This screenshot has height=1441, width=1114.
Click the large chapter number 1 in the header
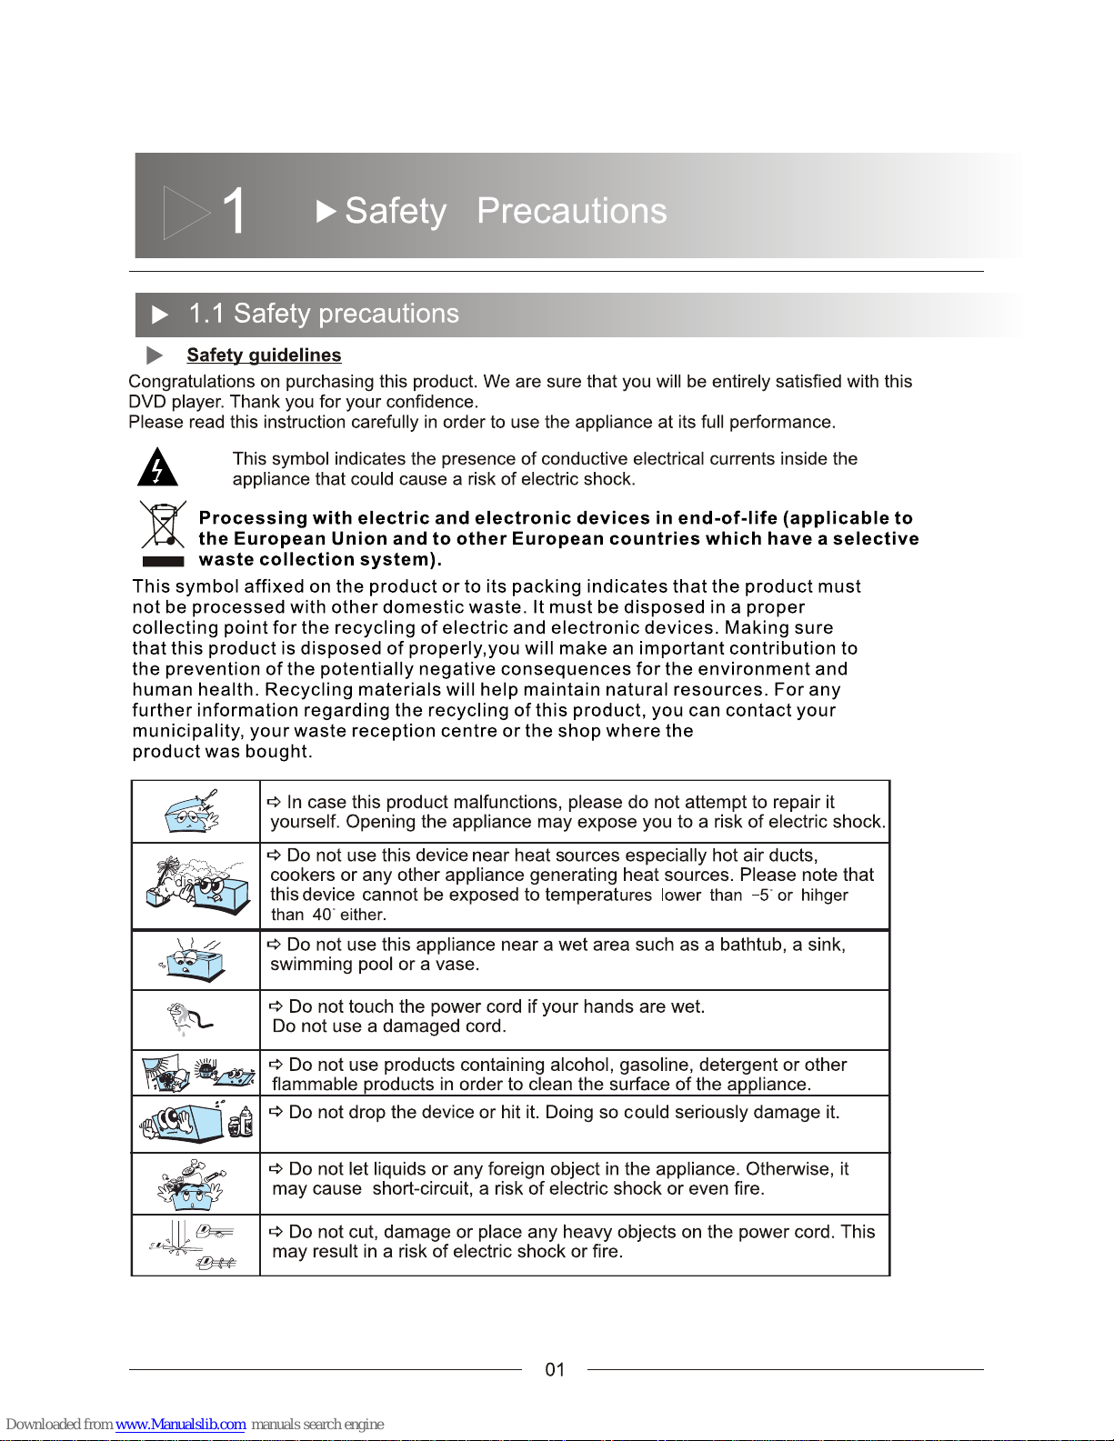coord(233,212)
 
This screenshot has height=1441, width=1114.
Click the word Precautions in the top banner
coord(571,211)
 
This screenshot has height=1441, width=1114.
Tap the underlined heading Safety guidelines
coord(264,355)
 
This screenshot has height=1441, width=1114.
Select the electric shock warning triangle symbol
coord(157,467)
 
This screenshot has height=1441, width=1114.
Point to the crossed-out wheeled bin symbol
coord(162,525)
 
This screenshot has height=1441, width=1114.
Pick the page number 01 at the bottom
coord(555,1369)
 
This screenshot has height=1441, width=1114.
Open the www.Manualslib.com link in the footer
coord(180,1424)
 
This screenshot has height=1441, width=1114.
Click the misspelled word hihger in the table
coord(824,896)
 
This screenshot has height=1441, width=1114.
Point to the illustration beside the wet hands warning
coord(189,1019)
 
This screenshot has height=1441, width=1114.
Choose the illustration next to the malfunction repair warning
coord(193,811)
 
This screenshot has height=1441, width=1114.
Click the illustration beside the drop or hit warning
coord(196,1123)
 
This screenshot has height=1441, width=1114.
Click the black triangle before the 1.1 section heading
coord(160,315)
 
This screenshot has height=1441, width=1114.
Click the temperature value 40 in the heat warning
coord(322,915)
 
